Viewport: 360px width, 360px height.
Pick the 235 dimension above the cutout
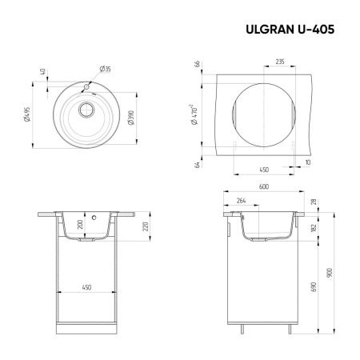pos(281,61)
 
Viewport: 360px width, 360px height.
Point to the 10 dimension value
pos(309,162)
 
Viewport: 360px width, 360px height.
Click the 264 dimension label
pos(240,202)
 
